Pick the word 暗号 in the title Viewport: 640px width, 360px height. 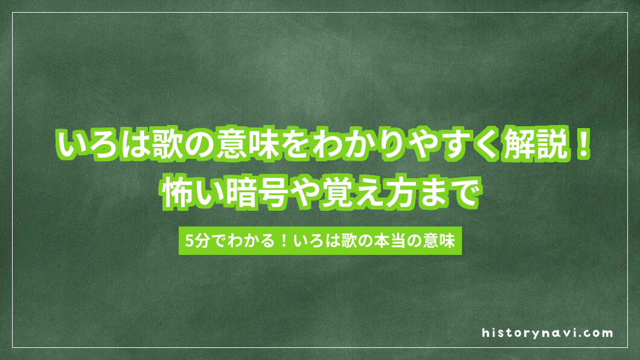[x=262, y=195]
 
